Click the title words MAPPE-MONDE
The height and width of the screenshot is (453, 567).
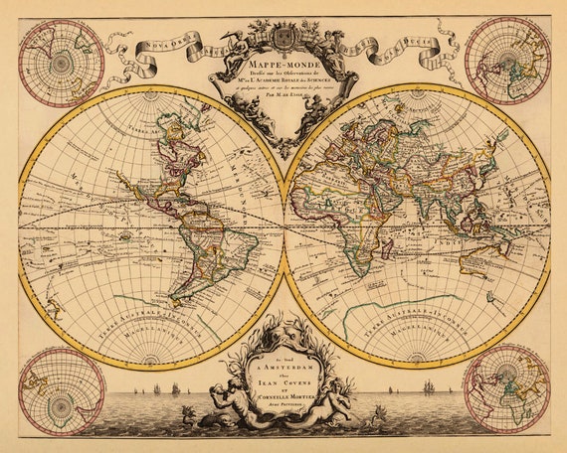pos(283,71)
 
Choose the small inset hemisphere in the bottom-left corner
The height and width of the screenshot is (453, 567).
pos(61,389)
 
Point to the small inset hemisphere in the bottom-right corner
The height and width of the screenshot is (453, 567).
pos(507,389)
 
